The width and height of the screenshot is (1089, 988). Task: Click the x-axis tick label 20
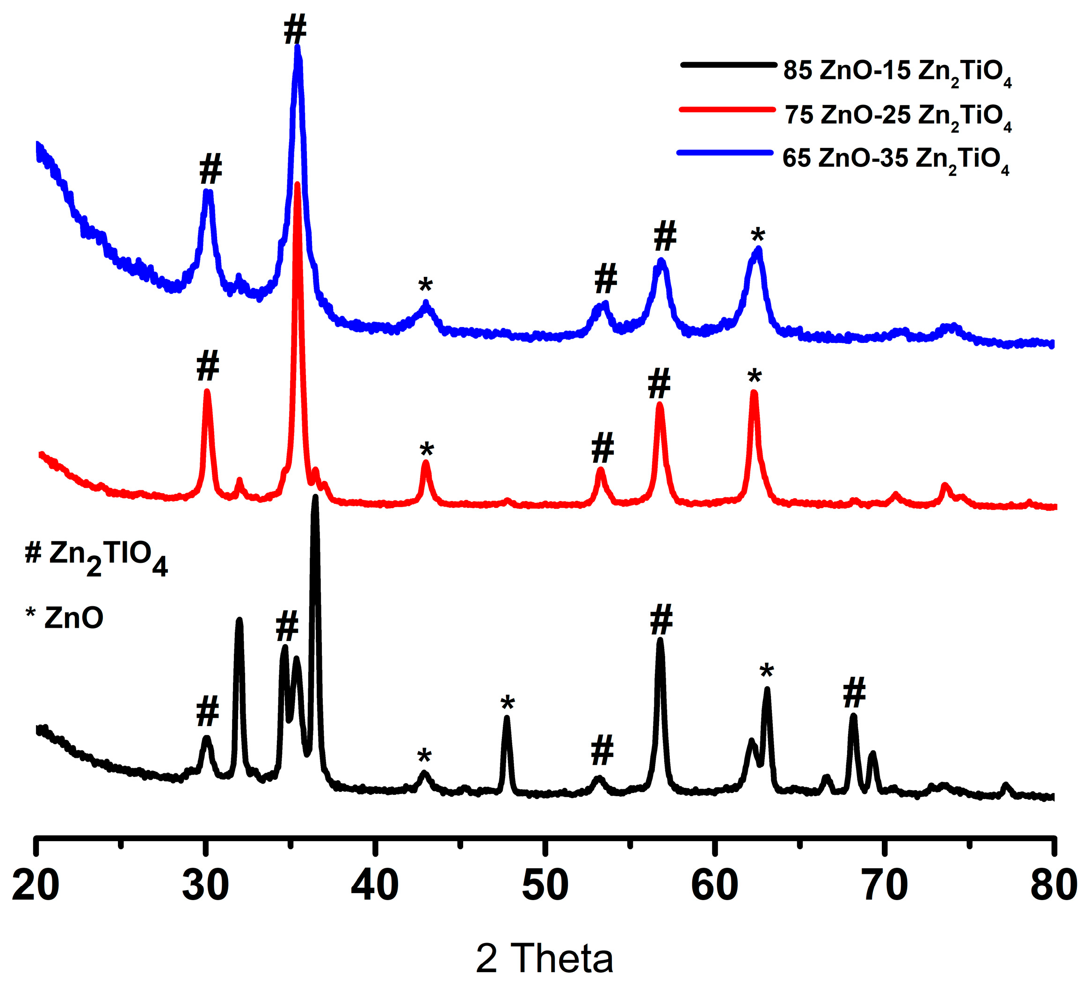[x=35, y=886]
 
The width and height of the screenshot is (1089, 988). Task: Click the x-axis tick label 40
[x=375, y=886]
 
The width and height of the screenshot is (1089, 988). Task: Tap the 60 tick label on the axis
[x=715, y=886]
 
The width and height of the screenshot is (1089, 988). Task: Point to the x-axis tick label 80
[x=1053, y=886]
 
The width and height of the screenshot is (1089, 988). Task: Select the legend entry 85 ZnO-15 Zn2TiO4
[x=897, y=72]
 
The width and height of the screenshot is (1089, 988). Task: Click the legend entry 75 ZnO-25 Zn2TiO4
[x=898, y=116]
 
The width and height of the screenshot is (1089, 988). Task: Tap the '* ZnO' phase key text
[x=65, y=617]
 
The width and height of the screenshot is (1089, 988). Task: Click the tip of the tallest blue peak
[x=298, y=48]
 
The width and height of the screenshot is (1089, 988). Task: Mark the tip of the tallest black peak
[x=315, y=497]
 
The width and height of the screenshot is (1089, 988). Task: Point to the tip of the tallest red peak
[x=297, y=185]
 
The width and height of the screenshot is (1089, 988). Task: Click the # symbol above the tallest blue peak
[x=295, y=30]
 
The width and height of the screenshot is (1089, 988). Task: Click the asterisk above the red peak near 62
[x=754, y=376]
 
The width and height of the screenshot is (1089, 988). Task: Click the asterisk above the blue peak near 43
[x=426, y=285]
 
